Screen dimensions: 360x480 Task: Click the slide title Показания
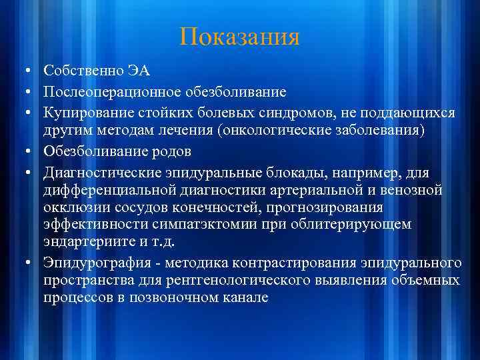pos(239,37)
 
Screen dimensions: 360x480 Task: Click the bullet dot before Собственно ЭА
pos(24,71)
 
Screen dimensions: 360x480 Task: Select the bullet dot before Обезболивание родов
pos(24,149)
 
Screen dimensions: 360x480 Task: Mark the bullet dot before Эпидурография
pos(24,262)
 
